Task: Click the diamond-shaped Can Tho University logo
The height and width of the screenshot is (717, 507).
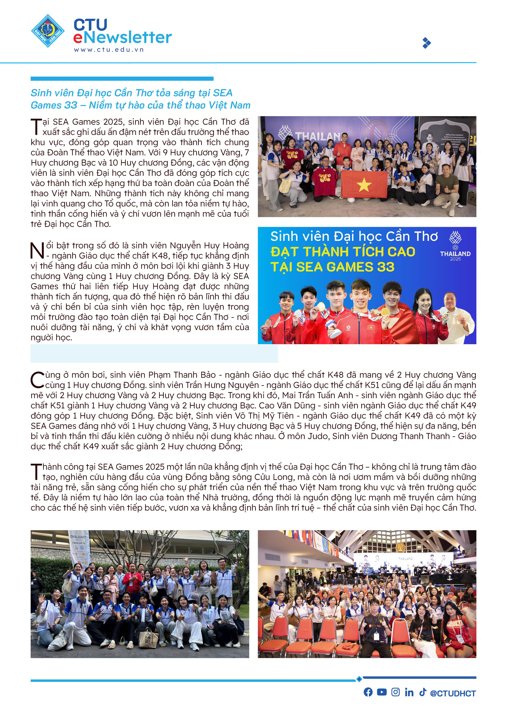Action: (x=48, y=31)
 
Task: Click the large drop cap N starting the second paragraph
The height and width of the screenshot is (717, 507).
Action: (x=37, y=250)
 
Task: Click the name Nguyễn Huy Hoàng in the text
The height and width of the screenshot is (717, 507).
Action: (x=205, y=245)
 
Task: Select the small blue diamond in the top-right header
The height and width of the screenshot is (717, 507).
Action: (x=426, y=43)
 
